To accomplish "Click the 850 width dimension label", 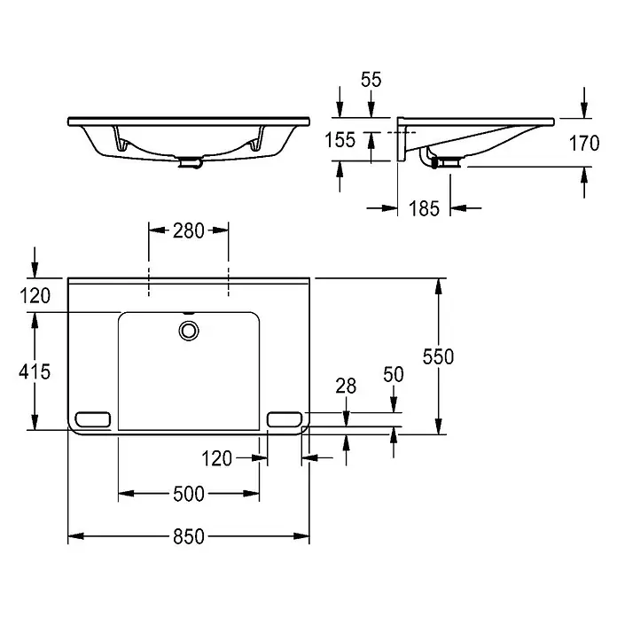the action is tap(189, 536).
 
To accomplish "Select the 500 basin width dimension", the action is tap(189, 494).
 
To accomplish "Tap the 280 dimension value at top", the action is tap(189, 230).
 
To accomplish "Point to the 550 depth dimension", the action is tap(438, 356).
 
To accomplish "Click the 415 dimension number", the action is tap(35, 371).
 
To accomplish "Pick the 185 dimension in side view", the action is tap(424, 208).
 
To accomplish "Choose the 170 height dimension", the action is tap(584, 144).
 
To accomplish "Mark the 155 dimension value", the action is tap(340, 140).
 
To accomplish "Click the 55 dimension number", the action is tap(371, 80).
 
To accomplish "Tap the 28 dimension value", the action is tap(346, 386).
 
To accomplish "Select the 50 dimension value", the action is tap(394, 375).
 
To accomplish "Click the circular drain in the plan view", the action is tap(189, 331).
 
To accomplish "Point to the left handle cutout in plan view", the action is tap(92, 419).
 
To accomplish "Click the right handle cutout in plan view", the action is tap(285, 419).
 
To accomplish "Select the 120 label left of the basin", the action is tap(35, 296).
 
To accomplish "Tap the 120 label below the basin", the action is tap(217, 458).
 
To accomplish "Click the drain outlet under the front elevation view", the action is tap(190, 162).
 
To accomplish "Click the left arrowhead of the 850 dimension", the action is tap(75, 536).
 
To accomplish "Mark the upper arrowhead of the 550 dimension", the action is tap(438, 286).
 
